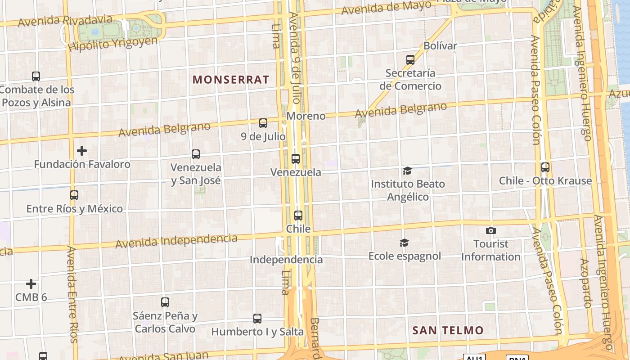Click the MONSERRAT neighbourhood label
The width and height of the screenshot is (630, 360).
coord(231,80)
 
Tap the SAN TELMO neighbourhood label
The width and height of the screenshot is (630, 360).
coord(448,330)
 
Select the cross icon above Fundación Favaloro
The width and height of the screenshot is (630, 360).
coord(82,150)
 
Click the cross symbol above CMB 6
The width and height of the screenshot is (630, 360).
coord(31,284)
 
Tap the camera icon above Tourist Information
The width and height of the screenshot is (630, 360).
coord(490,231)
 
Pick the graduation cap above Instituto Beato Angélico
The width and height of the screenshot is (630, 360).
coord(407,171)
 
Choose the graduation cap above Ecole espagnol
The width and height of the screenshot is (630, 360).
coord(404,243)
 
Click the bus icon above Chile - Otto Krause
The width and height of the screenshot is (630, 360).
coord(545,167)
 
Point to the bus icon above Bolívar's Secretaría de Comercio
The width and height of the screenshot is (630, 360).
coord(410,59)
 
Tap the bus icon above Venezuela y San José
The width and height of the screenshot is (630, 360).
coord(196,154)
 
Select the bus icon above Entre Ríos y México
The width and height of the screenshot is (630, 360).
coord(74,195)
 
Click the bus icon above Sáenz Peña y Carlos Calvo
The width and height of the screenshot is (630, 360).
coord(165,302)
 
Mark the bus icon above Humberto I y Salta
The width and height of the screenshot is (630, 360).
coord(257,319)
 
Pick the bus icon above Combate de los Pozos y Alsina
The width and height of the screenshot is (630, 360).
coord(36,76)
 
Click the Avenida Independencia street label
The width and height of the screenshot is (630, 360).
coord(176,241)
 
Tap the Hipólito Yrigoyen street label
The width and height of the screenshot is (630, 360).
coord(113,44)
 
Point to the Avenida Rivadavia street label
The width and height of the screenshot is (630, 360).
coord(65,20)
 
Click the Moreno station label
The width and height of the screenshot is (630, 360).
coord(306,116)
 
